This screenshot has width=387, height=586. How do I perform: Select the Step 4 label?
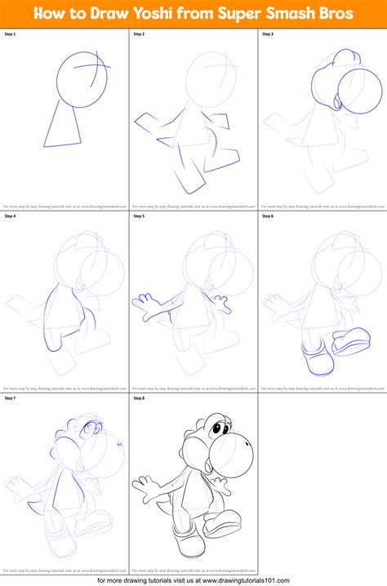point(10,217)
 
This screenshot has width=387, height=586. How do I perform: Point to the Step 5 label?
point(139,217)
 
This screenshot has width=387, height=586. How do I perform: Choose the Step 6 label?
point(268,217)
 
